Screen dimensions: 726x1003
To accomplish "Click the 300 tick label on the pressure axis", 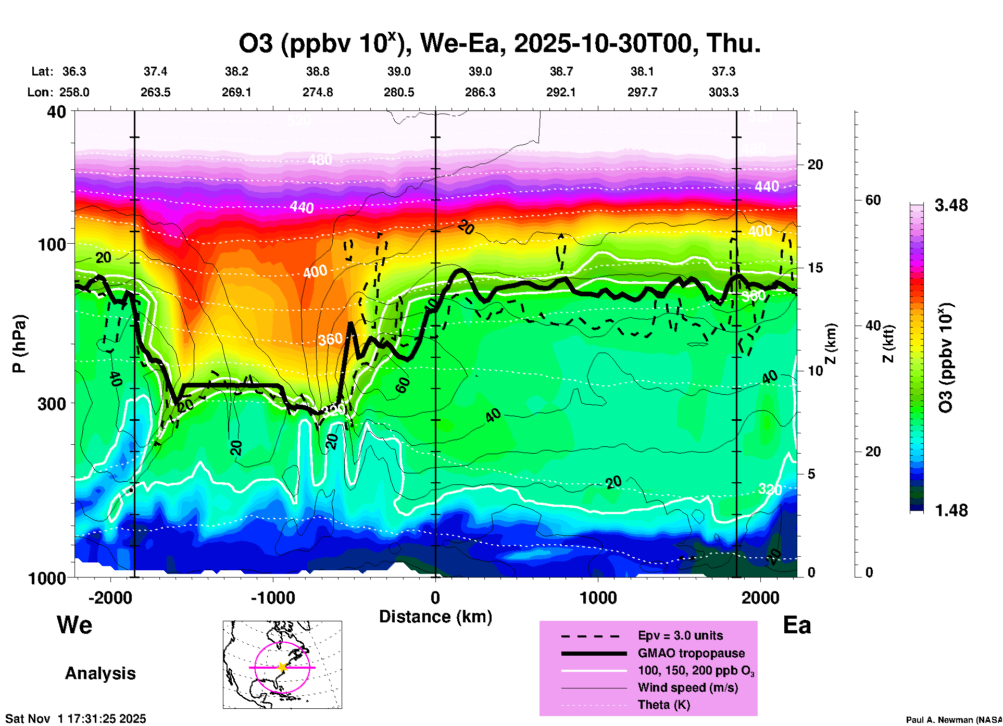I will coord(52,403).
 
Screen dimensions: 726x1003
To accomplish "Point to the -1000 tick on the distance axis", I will coord(273,597).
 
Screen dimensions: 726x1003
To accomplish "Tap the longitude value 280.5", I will coord(399,92).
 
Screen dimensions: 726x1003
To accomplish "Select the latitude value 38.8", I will coord(318,71).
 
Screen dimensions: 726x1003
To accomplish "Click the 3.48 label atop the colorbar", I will coord(951,205).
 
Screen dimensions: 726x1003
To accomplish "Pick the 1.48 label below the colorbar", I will coord(951,510).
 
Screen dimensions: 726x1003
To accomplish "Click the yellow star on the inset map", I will coord(282,667).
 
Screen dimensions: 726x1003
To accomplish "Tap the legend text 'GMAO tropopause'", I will coord(691,653).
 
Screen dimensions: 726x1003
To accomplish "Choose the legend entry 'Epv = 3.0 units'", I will coord(680,635).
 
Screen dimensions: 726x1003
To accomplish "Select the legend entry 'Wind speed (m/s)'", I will coord(688,687).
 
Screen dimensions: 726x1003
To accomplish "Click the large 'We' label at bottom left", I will coord(74,624).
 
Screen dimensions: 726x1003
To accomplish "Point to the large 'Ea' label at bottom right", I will coord(797,625).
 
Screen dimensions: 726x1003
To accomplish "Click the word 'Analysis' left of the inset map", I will coord(100,673).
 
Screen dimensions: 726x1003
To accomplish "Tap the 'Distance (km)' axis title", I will coord(435,617).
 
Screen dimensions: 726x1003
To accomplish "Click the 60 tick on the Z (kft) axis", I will coord(873,200).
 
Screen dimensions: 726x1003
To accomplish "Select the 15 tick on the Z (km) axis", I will coord(815,268).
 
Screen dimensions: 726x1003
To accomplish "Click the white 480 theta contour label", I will coord(319,159).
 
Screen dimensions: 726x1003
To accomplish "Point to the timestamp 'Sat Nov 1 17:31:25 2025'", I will coord(76,719).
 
